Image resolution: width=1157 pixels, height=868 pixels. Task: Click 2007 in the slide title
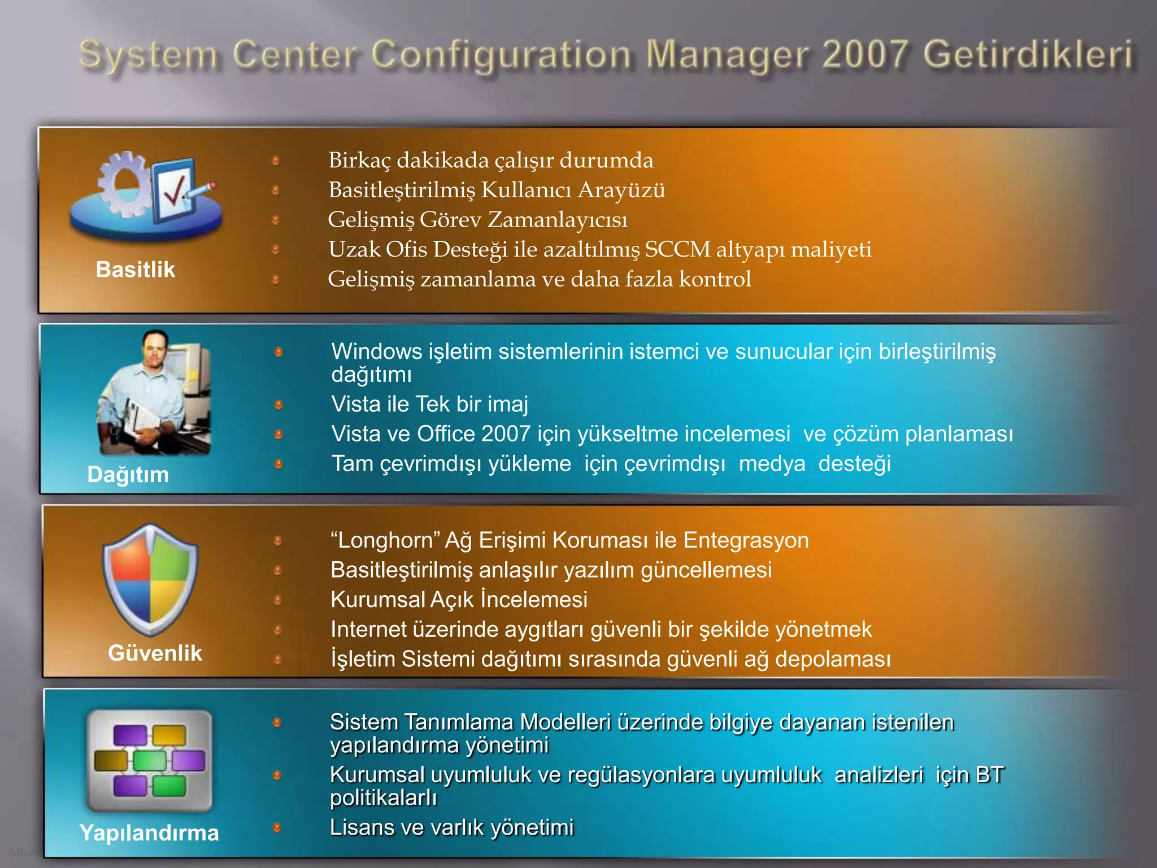pyautogui.click(x=865, y=55)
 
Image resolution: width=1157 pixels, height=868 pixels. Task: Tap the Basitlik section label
pyautogui.click(x=135, y=270)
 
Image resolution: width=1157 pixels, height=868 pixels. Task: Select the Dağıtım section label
pyautogui.click(x=128, y=474)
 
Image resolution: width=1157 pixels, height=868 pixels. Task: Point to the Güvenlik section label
pyautogui.click(x=155, y=653)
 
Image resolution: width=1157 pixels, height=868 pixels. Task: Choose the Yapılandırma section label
pyautogui.click(x=149, y=832)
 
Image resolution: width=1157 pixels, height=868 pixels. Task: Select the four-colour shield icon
pyautogui.click(x=150, y=580)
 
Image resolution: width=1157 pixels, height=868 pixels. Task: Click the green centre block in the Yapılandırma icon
pyautogui.click(x=150, y=761)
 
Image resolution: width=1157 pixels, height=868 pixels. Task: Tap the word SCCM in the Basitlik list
pyautogui.click(x=677, y=249)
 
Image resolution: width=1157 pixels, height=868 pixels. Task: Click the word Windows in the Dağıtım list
pyautogui.click(x=376, y=351)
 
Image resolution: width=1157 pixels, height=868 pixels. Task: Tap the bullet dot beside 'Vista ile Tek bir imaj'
pyautogui.click(x=279, y=405)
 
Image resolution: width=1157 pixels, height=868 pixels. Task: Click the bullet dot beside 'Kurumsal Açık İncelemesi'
pyautogui.click(x=277, y=600)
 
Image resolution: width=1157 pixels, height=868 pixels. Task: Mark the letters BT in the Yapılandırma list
pyautogui.click(x=989, y=775)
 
